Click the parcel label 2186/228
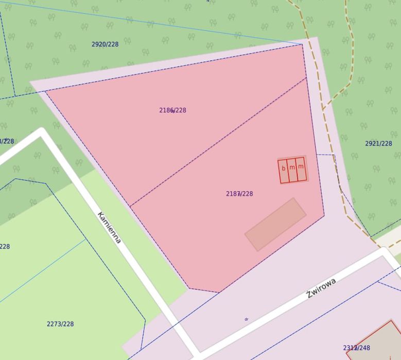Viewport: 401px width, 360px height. point(172,110)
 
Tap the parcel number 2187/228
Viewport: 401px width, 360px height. point(239,194)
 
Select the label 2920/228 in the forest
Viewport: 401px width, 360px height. point(105,44)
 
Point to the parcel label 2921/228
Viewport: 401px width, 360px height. point(378,144)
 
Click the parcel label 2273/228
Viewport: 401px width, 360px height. point(60,324)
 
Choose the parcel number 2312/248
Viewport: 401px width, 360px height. point(356,348)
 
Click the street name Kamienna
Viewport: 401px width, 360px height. point(109,227)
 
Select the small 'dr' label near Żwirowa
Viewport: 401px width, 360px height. point(246,319)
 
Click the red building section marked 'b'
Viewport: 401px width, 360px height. point(283,170)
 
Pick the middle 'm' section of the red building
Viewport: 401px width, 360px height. point(292,169)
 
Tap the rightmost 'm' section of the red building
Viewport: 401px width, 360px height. point(301,168)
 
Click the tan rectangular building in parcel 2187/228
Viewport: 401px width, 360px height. point(275,224)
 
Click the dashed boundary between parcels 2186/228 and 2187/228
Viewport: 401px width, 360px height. point(216,143)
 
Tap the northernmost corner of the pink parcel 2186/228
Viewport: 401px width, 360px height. point(303,44)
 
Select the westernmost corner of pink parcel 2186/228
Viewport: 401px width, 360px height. point(46,91)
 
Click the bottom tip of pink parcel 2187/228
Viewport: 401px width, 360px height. point(219,292)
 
